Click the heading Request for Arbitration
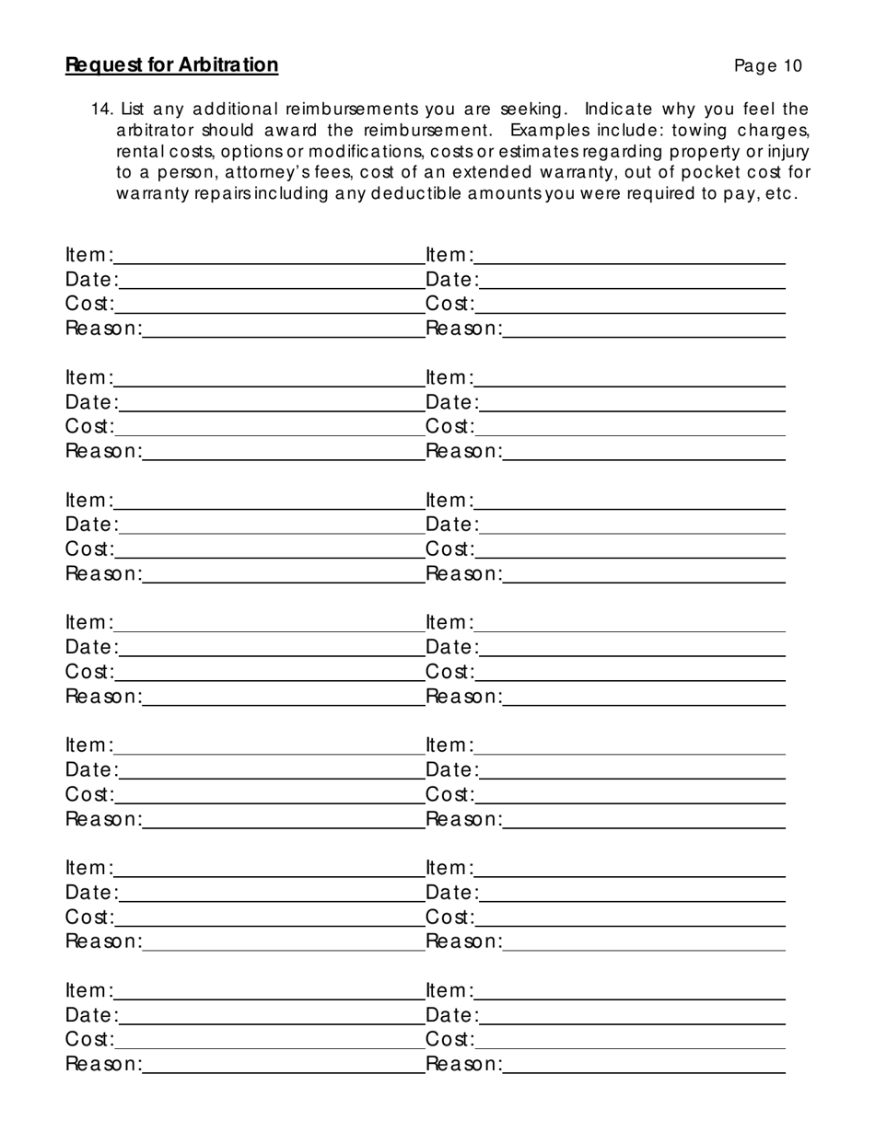[x=171, y=65]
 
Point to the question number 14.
[x=101, y=110]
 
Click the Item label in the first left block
[x=89, y=255]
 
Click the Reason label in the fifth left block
[x=103, y=819]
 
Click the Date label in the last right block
[x=452, y=1015]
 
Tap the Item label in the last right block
[x=449, y=991]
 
